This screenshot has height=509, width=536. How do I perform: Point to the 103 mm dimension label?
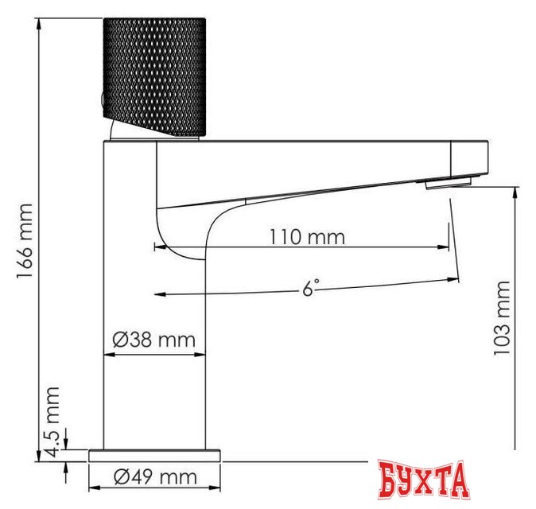tap(502, 318)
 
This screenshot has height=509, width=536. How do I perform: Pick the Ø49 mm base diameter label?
tap(154, 477)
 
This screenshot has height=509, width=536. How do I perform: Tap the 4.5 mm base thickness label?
tap(52, 422)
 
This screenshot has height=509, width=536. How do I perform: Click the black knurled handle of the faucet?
tap(154, 76)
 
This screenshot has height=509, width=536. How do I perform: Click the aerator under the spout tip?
tap(447, 185)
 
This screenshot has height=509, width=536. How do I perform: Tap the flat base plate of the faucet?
tap(154, 455)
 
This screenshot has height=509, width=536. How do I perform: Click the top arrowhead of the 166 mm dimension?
tap(38, 23)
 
